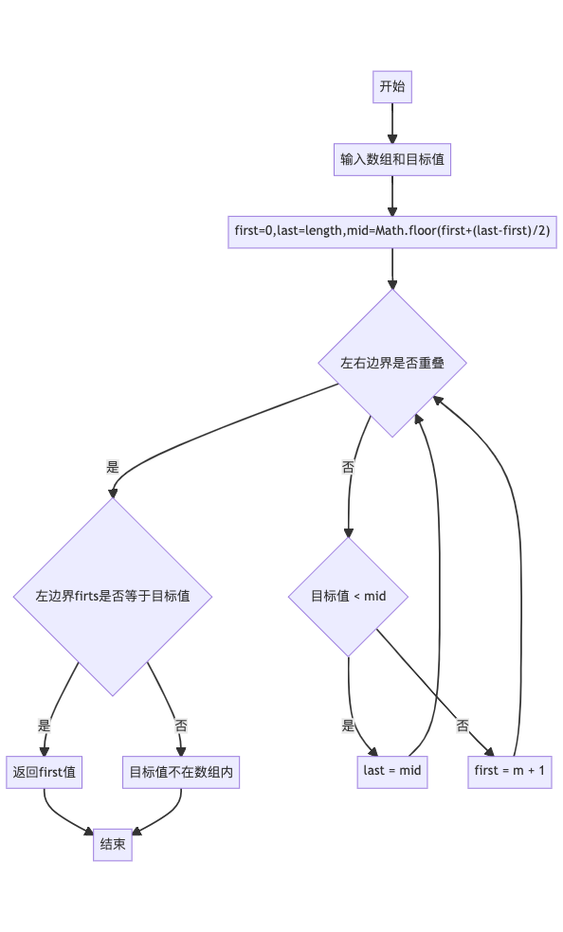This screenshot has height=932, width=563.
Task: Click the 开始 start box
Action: click(391, 87)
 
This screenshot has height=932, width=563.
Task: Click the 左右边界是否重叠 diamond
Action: click(392, 363)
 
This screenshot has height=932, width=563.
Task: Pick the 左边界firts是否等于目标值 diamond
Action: click(113, 597)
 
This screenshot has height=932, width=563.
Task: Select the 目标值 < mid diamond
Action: click(349, 597)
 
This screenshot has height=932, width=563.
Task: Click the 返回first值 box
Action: click(45, 773)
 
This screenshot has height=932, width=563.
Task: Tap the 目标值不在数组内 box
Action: click(181, 773)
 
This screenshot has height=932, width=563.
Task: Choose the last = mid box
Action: click(392, 771)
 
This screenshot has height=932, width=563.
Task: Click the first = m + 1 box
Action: click(510, 771)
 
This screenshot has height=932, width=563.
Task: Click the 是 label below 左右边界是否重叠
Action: click(113, 467)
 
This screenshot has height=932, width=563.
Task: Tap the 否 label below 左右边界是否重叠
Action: click(349, 467)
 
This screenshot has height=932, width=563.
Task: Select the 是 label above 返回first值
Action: click(45, 726)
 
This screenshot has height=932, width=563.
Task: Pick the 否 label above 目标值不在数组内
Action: click(181, 726)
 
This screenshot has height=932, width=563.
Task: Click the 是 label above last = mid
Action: click(349, 726)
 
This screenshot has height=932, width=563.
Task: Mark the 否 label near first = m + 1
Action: click(463, 726)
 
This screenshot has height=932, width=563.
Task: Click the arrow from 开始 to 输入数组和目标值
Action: click(392, 123)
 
